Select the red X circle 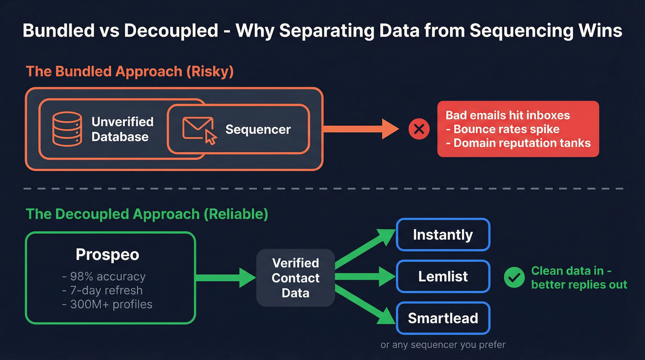click(x=419, y=130)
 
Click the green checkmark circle click(x=514, y=277)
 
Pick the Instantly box click(x=443, y=235)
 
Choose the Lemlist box click(x=443, y=277)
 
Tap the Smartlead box click(x=443, y=318)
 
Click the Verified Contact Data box click(x=295, y=278)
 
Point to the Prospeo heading click(x=107, y=254)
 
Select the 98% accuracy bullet click(x=104, y=277)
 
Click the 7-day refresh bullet click(x=102, y=290)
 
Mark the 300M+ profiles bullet click(x=107, y=304)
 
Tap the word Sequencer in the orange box click(x=258, y=130)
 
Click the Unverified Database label click(x=122, y=129)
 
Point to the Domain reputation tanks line click(x=518, y=143)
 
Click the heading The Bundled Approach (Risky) click(x=129, y=71)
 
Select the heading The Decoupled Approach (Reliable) click(x=147, y=214)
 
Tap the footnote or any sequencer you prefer click(x=443, y=345)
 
